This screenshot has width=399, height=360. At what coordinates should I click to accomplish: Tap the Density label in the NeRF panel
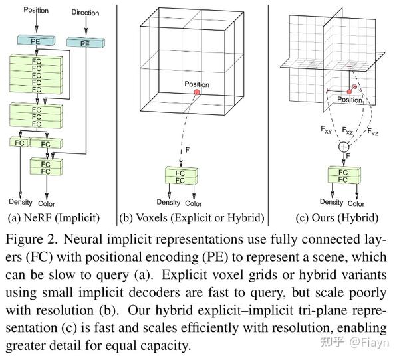tap(21, 202)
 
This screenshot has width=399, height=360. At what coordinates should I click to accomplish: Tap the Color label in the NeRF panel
tap(47, 203)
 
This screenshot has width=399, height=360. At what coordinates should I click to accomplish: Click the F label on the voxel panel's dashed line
tap(189, 150)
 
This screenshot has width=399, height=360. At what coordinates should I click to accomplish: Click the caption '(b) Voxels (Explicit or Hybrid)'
tap(192, 217)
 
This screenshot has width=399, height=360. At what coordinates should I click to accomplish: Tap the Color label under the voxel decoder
tap(194, 203)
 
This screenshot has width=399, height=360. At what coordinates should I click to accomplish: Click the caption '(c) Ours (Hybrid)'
tap(337, 217)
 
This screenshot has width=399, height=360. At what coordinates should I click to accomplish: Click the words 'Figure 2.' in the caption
tap(33, 238)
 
